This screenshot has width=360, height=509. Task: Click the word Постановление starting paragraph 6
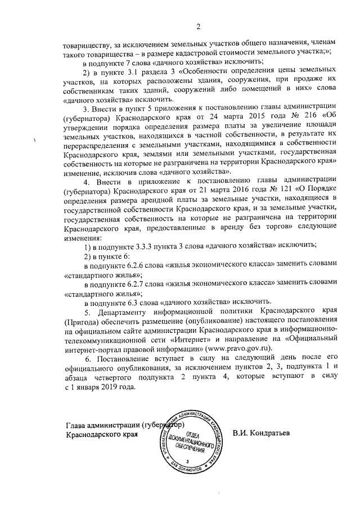coord(124,358)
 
